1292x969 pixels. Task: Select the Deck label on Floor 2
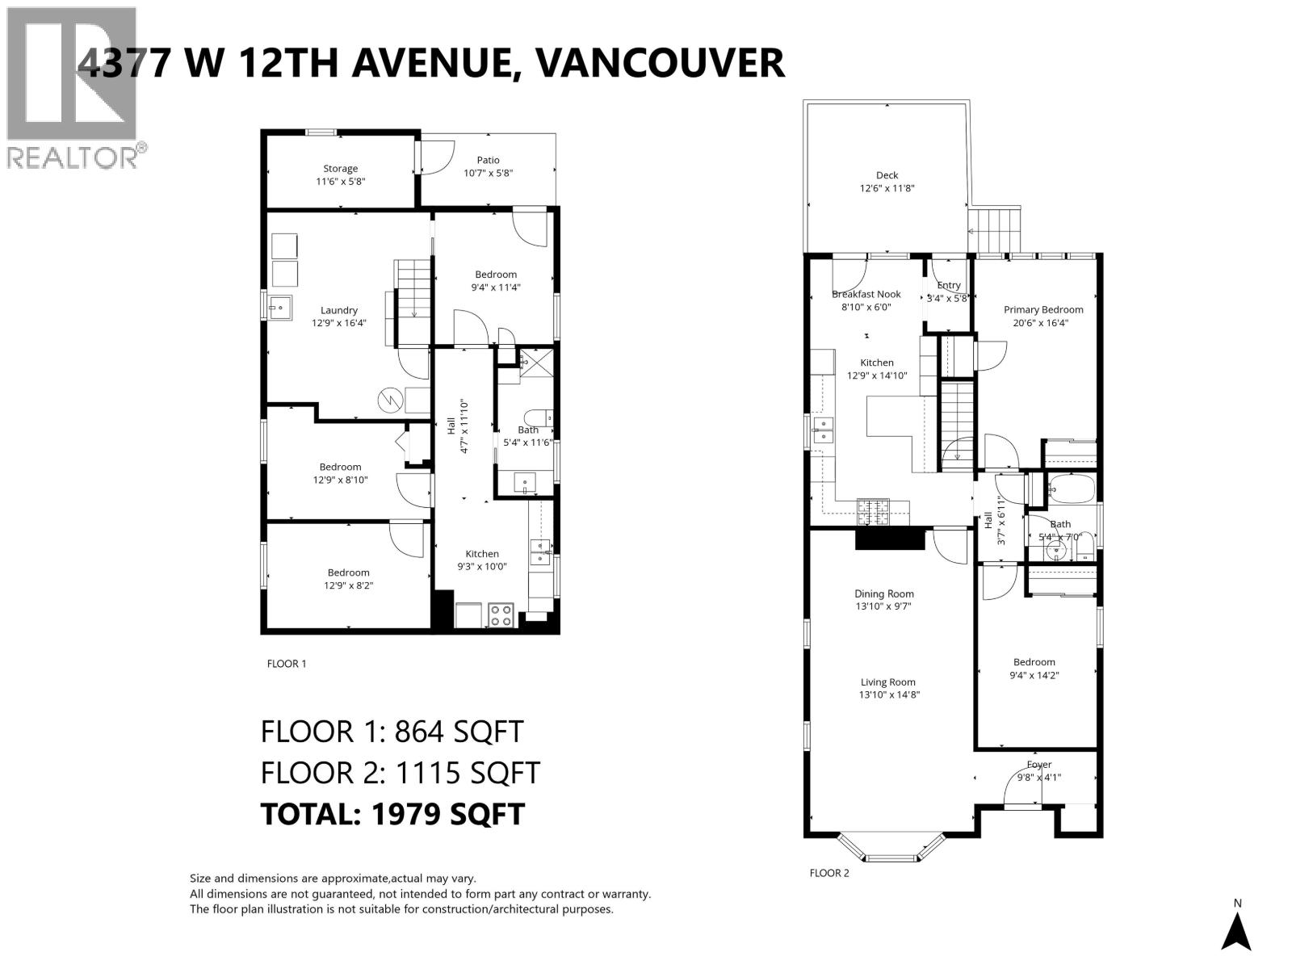click(887, 175)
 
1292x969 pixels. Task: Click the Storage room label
click(340, 169)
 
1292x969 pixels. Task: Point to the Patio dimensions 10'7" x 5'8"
click(488, 173)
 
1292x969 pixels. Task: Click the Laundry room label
click(338, 310)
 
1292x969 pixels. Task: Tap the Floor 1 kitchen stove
click(501, 615)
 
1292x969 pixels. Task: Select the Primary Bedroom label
click(1042, 309)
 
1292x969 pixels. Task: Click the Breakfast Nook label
click(866, 294)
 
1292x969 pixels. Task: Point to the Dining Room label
click(883, 594)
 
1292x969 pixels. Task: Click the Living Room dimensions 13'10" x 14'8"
click(888, 694)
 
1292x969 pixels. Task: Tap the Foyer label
click(1038, 764)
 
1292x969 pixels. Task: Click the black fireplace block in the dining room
click(889, 539)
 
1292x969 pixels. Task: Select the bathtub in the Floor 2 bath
click(1071, 489)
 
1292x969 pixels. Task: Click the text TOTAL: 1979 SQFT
click(392, 813)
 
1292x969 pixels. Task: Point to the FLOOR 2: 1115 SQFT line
click(400, 773)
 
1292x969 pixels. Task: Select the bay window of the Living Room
click(891, 850)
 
